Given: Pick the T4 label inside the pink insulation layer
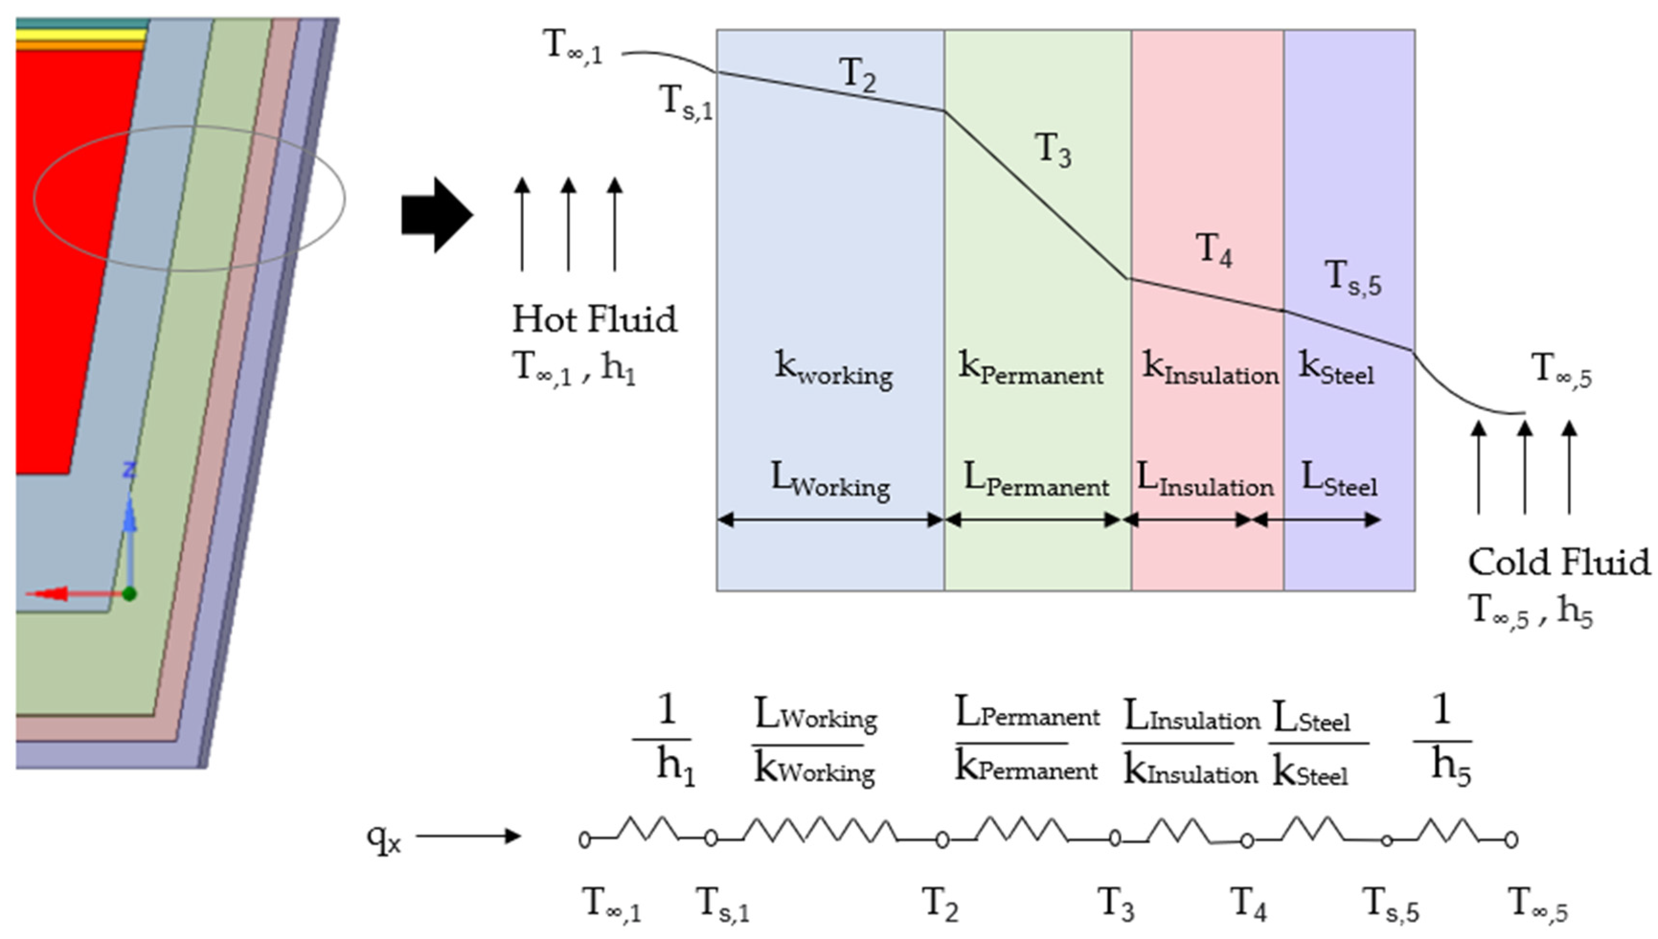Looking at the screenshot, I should [1213, 249].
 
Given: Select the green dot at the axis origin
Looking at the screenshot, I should [130, 593].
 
